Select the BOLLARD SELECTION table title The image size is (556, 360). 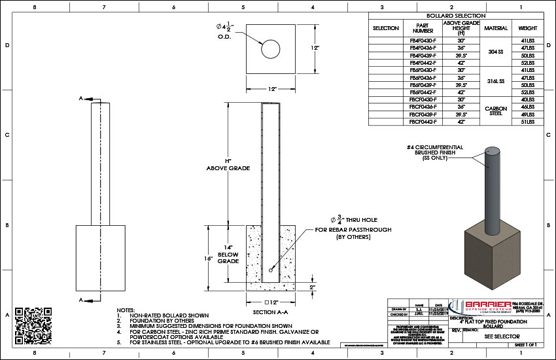(x=455, y=15)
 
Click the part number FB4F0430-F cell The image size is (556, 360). (x=423, y=41)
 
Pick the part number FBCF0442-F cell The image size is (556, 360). (x=423, y=122)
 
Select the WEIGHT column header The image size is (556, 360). (x=527, y=28)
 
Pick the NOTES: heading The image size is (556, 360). (x=126, y=309)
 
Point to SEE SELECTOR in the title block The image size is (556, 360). (x=497, y=335)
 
